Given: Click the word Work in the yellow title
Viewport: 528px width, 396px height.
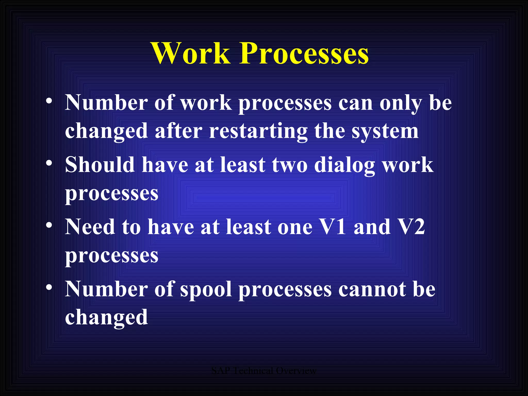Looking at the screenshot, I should [x=191, y=53].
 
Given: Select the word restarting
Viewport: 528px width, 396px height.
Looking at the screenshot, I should [x=258, y=131].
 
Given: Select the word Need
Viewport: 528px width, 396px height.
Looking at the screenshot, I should [x=90, y=227].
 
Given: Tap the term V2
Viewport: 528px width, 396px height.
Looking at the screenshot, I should [x=411, y=227].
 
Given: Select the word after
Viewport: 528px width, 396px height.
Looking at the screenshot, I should [x=178, y=131].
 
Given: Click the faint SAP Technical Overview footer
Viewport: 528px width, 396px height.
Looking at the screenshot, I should [x=263, y=371].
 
